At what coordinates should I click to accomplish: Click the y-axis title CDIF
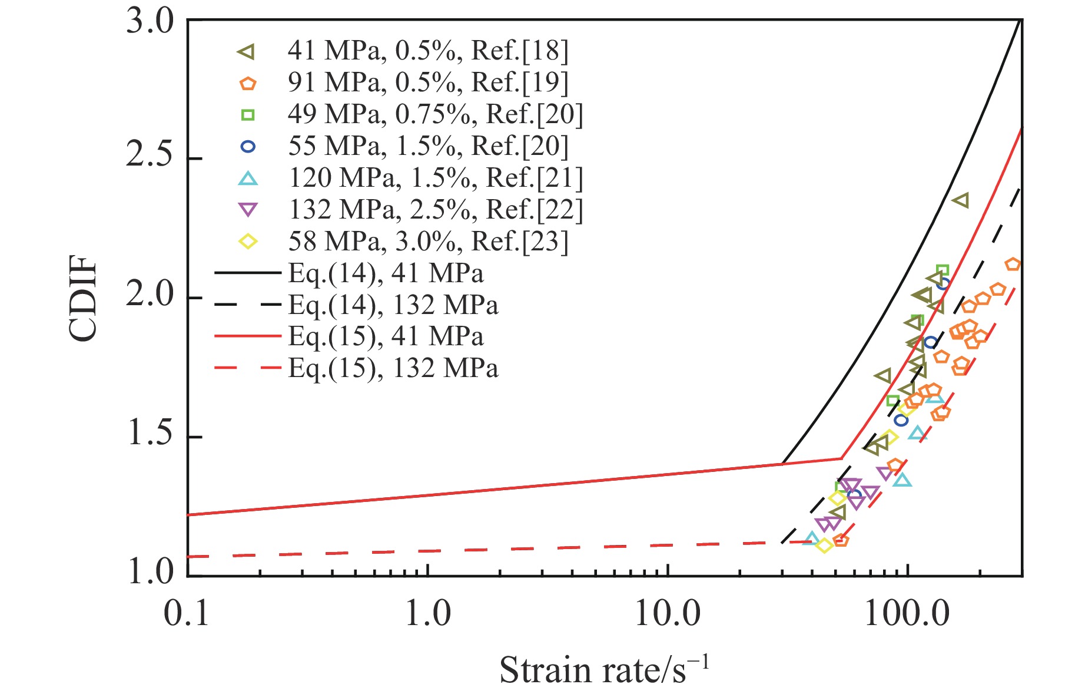pos(82,298)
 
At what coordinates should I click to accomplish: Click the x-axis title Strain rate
pos(604,670)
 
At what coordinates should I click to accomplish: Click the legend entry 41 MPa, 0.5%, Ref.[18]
pos(428,51)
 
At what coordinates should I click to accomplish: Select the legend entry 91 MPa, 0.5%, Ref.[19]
pos(428,83)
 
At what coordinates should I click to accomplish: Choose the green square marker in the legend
pos(248,115)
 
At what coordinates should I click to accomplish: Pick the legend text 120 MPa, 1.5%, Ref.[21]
pos(435,178)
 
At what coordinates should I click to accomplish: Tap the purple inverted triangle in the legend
pos(248,210)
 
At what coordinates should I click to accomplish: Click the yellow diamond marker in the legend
pos(248,242)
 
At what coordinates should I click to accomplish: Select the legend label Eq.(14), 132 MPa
pos(393,305)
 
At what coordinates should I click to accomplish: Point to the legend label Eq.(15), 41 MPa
pos(386,336)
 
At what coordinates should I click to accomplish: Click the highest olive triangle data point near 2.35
pos(960,200)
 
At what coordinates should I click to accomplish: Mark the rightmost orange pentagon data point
pos(1013,265)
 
